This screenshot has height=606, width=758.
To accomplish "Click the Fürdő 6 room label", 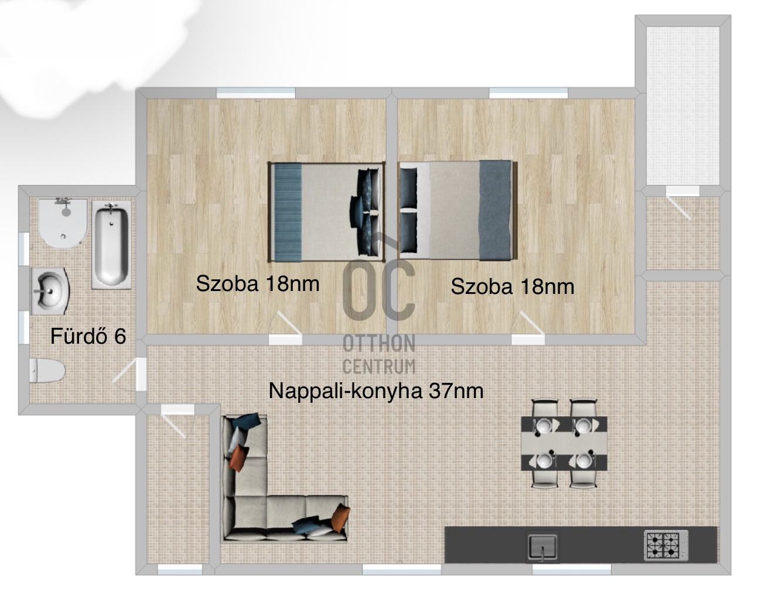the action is [x=88, y=336].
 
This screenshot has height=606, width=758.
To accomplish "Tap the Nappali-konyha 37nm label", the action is [x=376, y=391].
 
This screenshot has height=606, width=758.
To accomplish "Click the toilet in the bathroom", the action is [x=47, y=371].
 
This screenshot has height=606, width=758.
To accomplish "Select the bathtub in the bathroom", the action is [x=112, y=245].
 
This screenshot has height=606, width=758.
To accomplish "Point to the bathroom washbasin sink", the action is [x=50, y=291].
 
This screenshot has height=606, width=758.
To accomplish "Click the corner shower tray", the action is [x=62, y=224].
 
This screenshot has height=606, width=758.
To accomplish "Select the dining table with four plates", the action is [x=564, y=444].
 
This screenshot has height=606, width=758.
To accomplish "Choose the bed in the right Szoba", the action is [x=457, y=211].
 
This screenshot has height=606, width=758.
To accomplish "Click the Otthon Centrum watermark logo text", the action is [x=379, y=354].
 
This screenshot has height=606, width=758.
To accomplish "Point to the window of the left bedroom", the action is [x=256, y=93].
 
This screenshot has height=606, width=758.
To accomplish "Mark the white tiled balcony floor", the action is [x=683, y=105].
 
